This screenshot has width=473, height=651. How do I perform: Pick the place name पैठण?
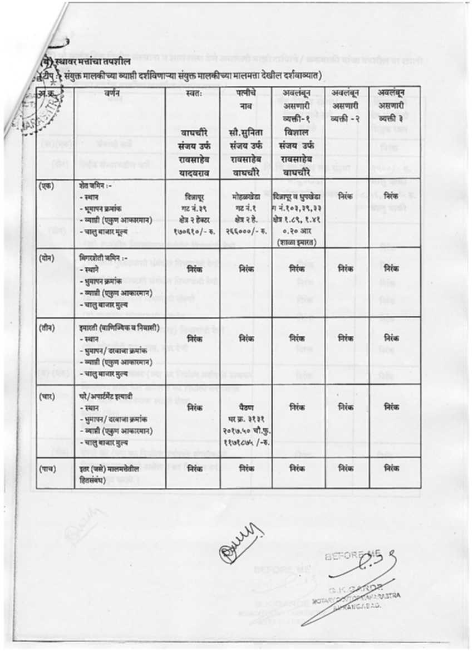point(245,407)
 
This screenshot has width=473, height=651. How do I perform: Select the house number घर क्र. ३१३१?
point(245,418)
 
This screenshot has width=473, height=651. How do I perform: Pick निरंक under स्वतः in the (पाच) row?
point(194,468)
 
